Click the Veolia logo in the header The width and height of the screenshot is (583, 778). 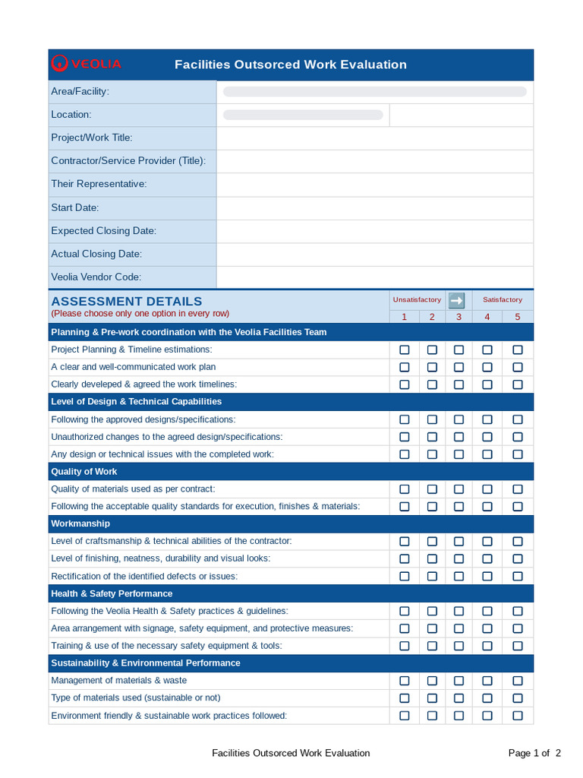pos(85,64)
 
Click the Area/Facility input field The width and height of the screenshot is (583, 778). pos(374,92)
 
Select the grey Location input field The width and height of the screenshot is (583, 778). pos(303,115)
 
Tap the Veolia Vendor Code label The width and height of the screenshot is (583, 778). pos(96,277)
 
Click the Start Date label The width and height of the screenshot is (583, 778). pos(74,207)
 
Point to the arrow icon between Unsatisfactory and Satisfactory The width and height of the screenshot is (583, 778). pos(457,300)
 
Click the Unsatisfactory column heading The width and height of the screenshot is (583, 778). pos(417,300)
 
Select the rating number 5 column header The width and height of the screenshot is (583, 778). pos(518,317)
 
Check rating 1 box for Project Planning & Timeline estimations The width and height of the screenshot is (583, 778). pos(405,349)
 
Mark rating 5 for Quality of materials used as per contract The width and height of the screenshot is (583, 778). pos(518,489)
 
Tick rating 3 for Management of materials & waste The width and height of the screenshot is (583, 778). pos(459,681)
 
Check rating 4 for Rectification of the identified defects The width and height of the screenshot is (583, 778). pos(487,576)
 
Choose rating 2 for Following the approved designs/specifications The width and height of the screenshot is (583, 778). pos(432,419)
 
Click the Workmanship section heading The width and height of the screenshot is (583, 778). pos(80,523)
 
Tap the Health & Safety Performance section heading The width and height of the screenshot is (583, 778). pos(112,593)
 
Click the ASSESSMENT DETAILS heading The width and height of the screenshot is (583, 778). pos(126,302)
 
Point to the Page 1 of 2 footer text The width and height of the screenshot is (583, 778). pos(534,753)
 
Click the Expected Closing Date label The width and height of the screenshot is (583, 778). pos(103,231)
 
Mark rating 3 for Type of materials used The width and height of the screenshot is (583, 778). pos(459,698)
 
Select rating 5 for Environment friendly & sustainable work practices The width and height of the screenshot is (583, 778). pos(518,716)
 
